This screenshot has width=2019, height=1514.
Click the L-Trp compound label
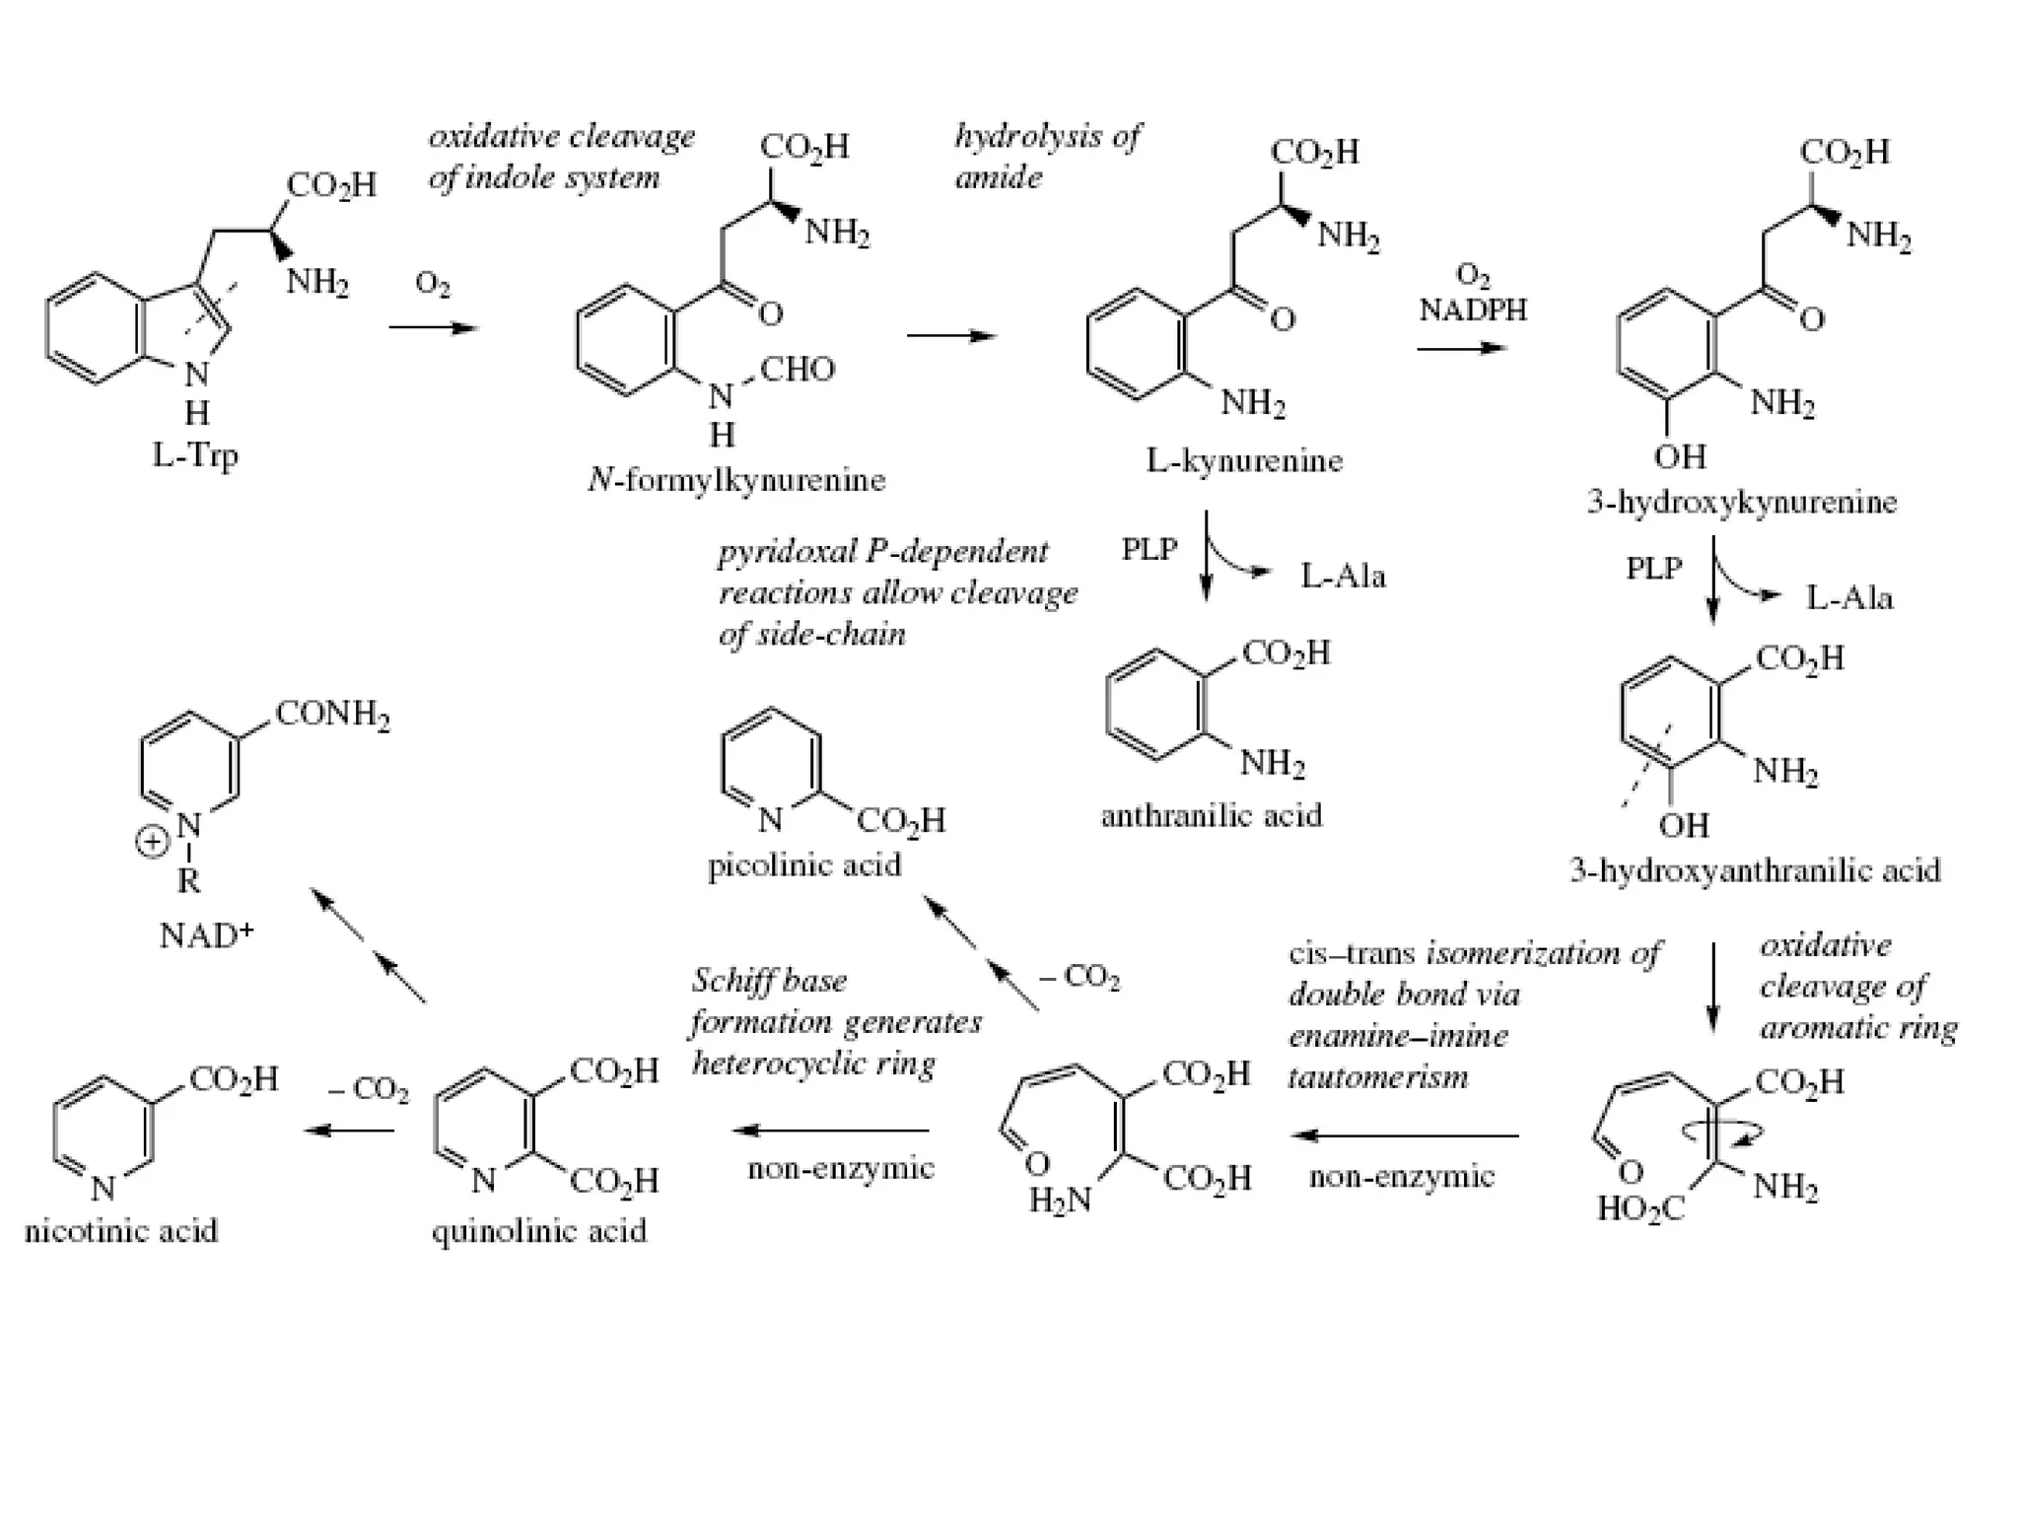pos(195,455)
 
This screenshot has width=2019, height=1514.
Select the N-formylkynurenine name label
pos(736,480)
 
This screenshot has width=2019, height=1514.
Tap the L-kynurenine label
pos(1244,460)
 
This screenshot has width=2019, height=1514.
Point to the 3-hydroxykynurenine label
pos(1742,502)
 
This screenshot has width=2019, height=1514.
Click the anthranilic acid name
pos(1212,815)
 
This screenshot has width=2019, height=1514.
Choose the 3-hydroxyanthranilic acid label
pos(1755,870)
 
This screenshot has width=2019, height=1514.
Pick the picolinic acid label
pos(804,864)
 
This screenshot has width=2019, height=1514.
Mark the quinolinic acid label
pos(539,1230)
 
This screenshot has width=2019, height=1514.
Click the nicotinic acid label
pos(121,1230)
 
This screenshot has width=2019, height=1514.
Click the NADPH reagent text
pos(1473,310)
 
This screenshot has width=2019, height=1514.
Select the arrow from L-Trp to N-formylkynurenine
pos(433,327)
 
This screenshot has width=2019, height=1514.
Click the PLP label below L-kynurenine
pos(1149,549)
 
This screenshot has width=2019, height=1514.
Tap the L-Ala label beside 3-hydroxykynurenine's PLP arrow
pos(1849,597)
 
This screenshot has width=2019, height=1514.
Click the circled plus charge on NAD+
pos(152,843)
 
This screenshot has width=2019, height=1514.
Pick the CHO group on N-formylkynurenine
pos(798,370)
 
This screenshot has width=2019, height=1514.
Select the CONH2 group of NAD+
pos(333,713)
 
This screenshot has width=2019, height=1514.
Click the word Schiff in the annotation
pos(729,981)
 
